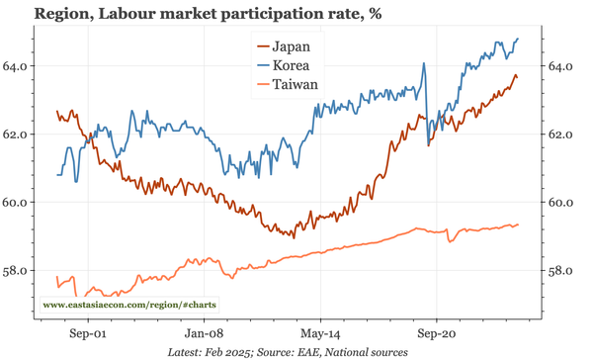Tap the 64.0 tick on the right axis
tap(561, 66)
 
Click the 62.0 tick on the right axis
tap(561, 135)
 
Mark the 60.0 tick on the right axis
tap(561, 203)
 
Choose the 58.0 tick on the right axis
tap(561, 270)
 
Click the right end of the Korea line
tap(518, 39)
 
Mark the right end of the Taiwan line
tap(518, 225)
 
